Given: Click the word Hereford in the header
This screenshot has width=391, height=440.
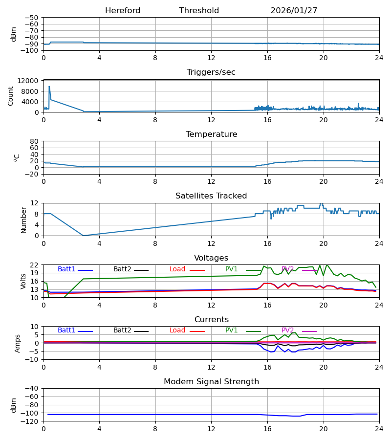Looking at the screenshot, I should pyautogui.click(x=123, y=11).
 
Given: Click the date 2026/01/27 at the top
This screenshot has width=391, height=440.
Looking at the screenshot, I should pyautogui.click(x=294, y=11).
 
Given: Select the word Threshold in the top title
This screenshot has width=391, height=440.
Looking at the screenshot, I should pyautogui.click(x=199, y=11).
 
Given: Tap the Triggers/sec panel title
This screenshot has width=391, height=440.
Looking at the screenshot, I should pyautogui.click(x=211, y=72).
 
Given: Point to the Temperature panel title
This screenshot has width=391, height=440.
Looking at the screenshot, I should pyautogui.click(x=211, y=134).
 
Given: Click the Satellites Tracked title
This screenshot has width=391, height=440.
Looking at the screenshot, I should pyautogui.click(x=211, y=196).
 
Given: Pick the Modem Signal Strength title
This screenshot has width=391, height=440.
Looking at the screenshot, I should pyautogui.click(x=211, y=382).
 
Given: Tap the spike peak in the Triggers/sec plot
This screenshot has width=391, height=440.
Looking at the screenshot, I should pyautogui.click(x=49, y=87).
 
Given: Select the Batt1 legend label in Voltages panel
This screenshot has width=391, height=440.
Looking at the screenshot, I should pyautogui.click(x=66, y=269).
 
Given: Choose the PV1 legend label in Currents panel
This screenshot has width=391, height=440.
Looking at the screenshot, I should pyautogui.click(x=231, y=330).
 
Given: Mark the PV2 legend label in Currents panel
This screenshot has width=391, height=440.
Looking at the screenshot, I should pyautogui.click(x=287, y=330).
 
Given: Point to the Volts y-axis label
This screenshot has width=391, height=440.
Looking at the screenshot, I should pyautogui.click(x=23, y=281).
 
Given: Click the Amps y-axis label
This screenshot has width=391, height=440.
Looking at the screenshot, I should pyautogui.click(x=18, y=343).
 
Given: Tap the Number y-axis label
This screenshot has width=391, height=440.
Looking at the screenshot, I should pyautogui.click(x=23, y=220).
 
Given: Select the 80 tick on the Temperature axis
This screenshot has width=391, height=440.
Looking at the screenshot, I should pyautogui.click(x=35, y=141).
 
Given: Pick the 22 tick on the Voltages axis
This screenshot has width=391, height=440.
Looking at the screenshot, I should pyautogui.click(x=35, y=265).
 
